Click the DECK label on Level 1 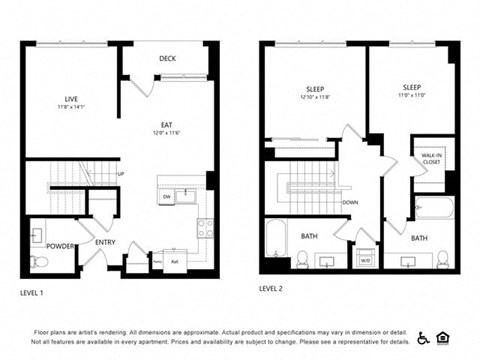(x=167, y=59)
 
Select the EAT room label (x=167, y=125)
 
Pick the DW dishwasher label (x=166, y=197)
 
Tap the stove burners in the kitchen (x=205, y=227)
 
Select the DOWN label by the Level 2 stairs (x=350, y=202)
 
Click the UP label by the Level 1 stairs (x=121, y=174)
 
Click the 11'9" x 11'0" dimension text (x=411, y=96)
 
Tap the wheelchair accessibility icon (x=423, y=337)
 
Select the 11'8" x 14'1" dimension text (x=71, y=106)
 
